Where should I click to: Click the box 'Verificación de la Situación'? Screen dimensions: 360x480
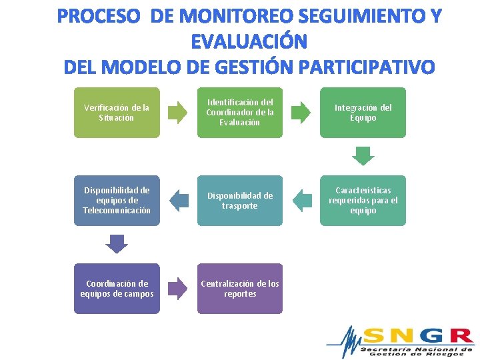click(x=117, y=113)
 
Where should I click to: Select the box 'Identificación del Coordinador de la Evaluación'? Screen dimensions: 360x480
click(x=240, y=113)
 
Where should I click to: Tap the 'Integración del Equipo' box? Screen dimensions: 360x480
click(x=363, y=113)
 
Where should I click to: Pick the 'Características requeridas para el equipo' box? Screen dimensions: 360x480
click(x=363, y=201)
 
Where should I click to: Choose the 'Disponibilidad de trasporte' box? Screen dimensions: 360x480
click(x=240, y=201)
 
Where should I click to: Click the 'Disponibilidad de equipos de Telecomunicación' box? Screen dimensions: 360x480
click(x=117, y=201)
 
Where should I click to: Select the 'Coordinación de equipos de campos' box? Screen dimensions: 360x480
click(x=117, y=289)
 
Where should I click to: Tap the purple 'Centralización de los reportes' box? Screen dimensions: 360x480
click(x=240, y=289)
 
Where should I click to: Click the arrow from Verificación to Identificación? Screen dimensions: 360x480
click(x=178, y=113)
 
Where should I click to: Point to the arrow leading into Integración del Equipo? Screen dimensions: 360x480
click(x=301, y=113)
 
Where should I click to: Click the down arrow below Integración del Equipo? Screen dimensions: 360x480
click(x=363, y=156)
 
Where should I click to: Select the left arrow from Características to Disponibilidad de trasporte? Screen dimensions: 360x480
click(x=302, y=200)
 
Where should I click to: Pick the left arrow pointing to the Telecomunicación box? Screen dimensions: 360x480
click(x=179, y=200)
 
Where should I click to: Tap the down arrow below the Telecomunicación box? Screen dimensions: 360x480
click(x=117, y=244)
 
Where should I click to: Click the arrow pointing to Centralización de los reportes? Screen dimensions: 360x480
click(x=178, y=288)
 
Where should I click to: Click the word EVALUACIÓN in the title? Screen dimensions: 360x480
click(x=249, y=42)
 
